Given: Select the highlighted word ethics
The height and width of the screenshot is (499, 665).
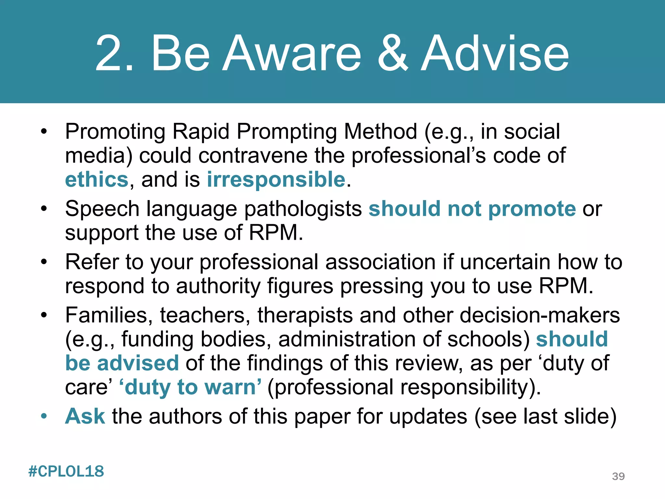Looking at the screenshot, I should [x=97, y=180].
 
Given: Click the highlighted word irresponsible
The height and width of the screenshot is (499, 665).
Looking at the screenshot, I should [x=276, y=180].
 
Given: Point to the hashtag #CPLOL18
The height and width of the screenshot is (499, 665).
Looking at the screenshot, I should [x=66, y=471].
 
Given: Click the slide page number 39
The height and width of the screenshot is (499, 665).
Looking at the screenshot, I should [x=618, y=476].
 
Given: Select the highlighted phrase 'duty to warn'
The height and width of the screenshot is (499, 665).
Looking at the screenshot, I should [x=190, y=387].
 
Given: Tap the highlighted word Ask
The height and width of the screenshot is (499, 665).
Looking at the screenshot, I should [x=85, y=416].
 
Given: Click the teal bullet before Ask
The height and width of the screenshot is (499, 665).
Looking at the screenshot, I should [x=44, y=416].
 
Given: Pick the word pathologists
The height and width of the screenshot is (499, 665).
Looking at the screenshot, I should [x=303, y=209].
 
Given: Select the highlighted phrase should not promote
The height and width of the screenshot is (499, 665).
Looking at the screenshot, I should [x=472, y=209].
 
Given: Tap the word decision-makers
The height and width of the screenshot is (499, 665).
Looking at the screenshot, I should [x=540, y=315].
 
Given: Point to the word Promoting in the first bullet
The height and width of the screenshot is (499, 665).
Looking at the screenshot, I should [x=115, y=132].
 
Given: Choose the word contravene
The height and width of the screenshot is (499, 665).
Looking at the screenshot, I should [x=253, y=156].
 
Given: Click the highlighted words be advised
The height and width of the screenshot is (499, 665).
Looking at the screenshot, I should [x=122, y=363].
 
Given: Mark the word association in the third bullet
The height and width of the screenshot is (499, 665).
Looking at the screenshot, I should [x=380, y=262].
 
